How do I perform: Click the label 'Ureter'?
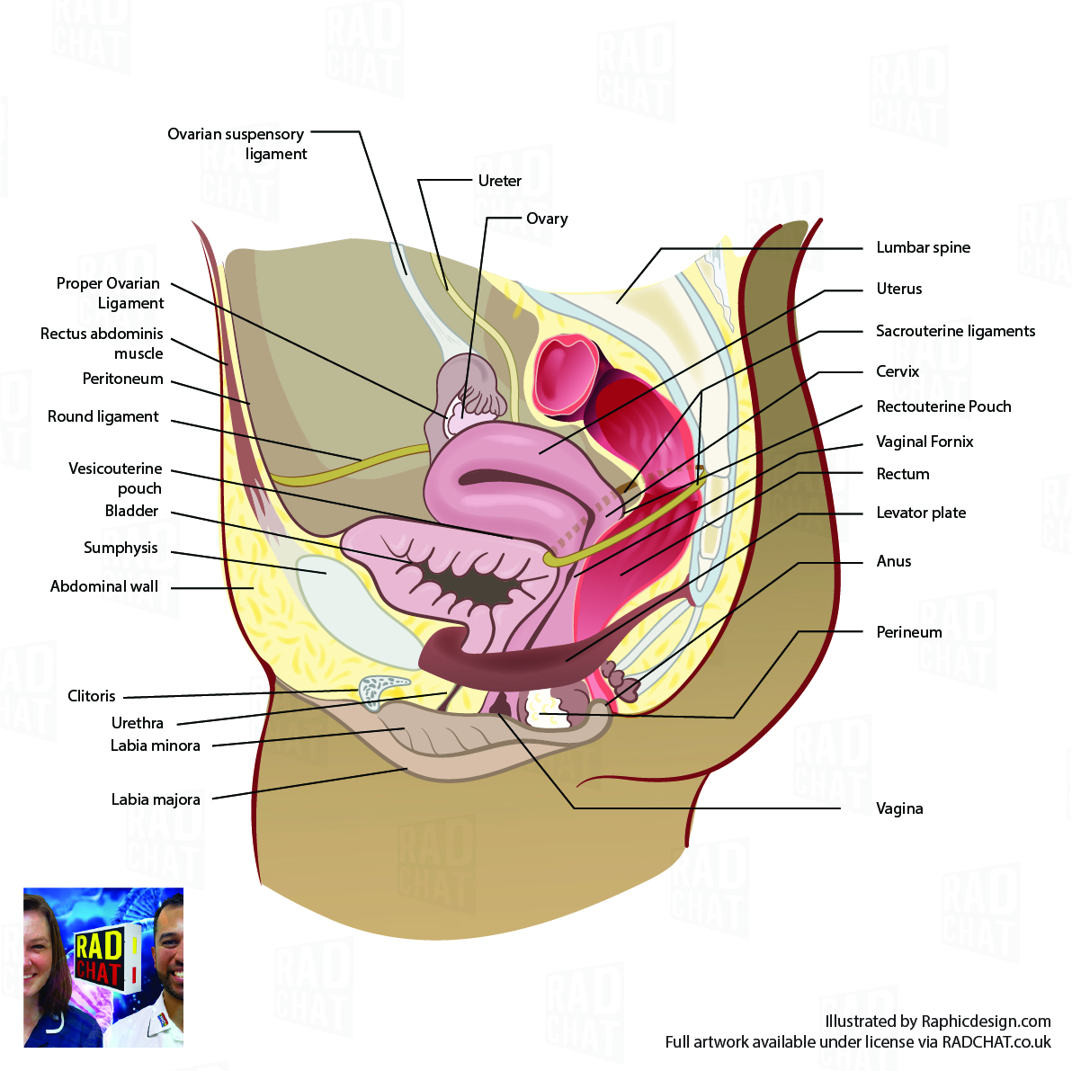[499, 181]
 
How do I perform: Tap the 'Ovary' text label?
[547, 219]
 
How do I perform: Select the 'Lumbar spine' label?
[923, 247]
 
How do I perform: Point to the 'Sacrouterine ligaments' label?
[955, 331]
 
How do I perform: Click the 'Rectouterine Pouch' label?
[943, 406]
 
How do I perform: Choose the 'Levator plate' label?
[921, 513]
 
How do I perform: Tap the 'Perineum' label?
[909, 632]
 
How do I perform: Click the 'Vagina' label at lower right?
[899, 808]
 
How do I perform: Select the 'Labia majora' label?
[156, 799]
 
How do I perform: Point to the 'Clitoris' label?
[92, 696]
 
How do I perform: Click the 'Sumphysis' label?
[121, 548]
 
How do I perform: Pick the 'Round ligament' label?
[103, 416]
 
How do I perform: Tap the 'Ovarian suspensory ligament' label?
[237, 144]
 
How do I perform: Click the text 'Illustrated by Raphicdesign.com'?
[937, 1022]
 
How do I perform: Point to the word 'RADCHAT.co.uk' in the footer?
[996, 1042]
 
